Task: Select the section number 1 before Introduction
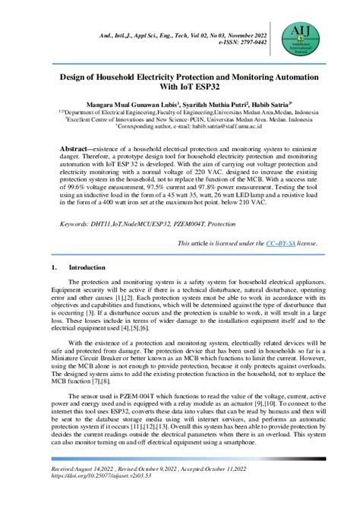53,268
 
